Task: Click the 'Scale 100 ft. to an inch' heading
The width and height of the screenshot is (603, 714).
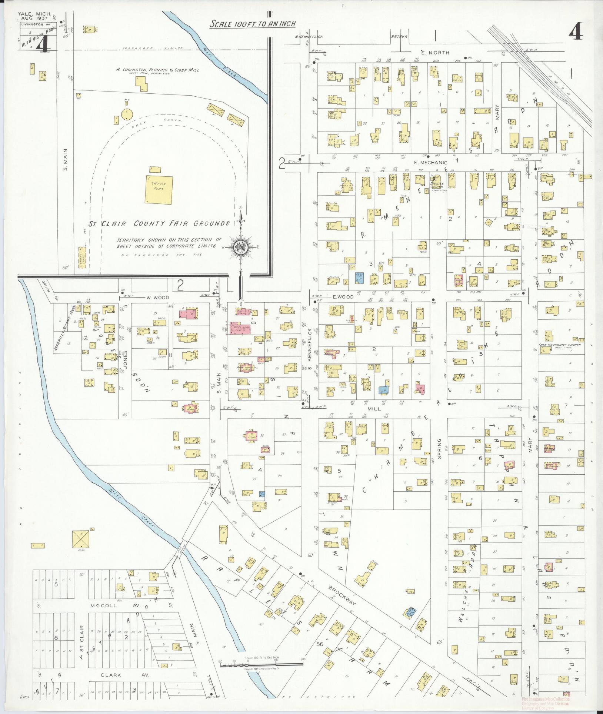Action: tap(253, 24)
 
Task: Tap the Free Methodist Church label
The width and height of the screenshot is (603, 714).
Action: tap(560, 345)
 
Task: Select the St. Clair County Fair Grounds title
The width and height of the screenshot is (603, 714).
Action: tap(159, 223)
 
